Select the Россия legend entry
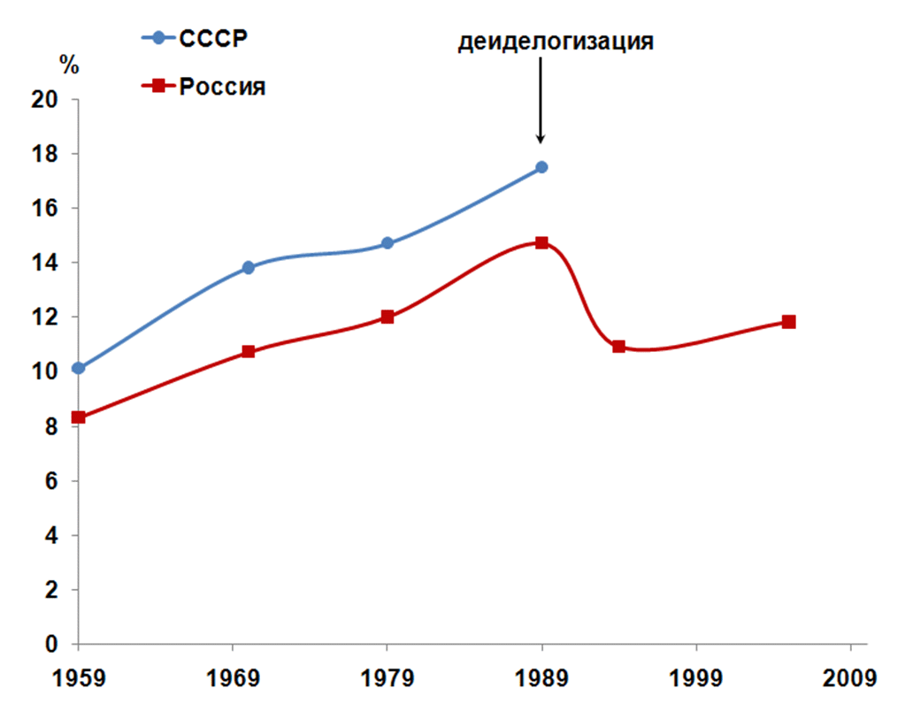tap(203, 87)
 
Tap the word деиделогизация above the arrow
tap(556, 42)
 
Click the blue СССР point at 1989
tap(541, 167)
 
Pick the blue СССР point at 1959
tap(78, 368)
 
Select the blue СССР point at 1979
tap(387, 243)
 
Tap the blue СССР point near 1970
tap(248, 267)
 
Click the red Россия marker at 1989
tap(541, 242)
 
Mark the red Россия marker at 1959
tap(78, 417)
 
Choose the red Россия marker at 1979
tap(387, 317)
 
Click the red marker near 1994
tap(618, 347)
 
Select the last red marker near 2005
tap(788, 322)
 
